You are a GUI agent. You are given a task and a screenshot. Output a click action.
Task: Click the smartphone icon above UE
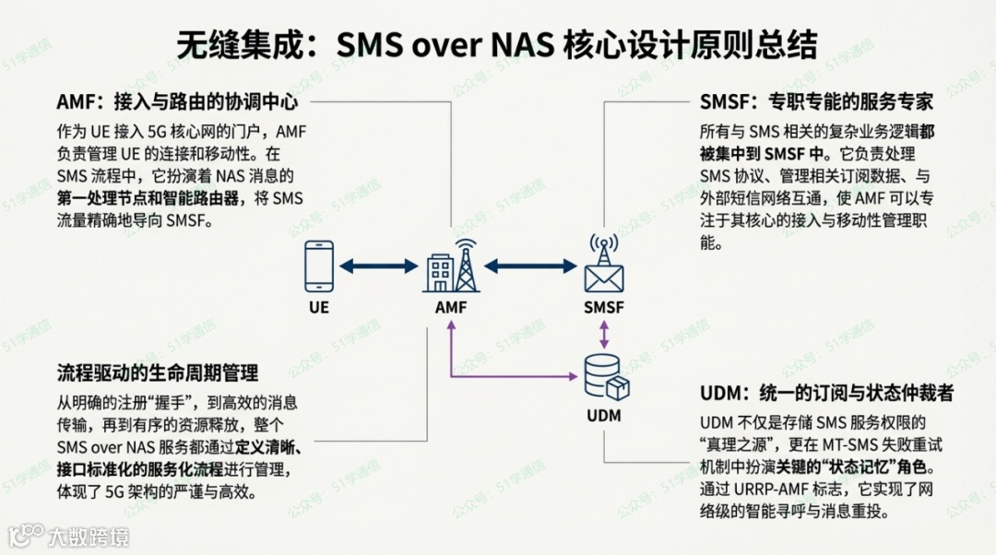[x=319, y=266]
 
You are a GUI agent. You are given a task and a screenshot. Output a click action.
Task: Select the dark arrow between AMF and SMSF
[x=529, y=267]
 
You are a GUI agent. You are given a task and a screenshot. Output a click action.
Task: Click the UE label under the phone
[x=319, y=307]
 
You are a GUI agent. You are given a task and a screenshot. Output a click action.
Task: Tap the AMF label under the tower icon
[x=451, y=307]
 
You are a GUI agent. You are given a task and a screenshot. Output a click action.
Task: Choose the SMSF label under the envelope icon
[x=604, y=307]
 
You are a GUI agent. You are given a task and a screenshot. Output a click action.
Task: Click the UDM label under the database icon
[x=604, y=416]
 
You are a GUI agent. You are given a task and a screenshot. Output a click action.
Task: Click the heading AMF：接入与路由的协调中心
[x=177, y=101]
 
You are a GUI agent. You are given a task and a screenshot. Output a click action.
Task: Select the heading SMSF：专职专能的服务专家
[x=816, y=101]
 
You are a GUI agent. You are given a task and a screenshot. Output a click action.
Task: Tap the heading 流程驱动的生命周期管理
[x=158, y=372]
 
